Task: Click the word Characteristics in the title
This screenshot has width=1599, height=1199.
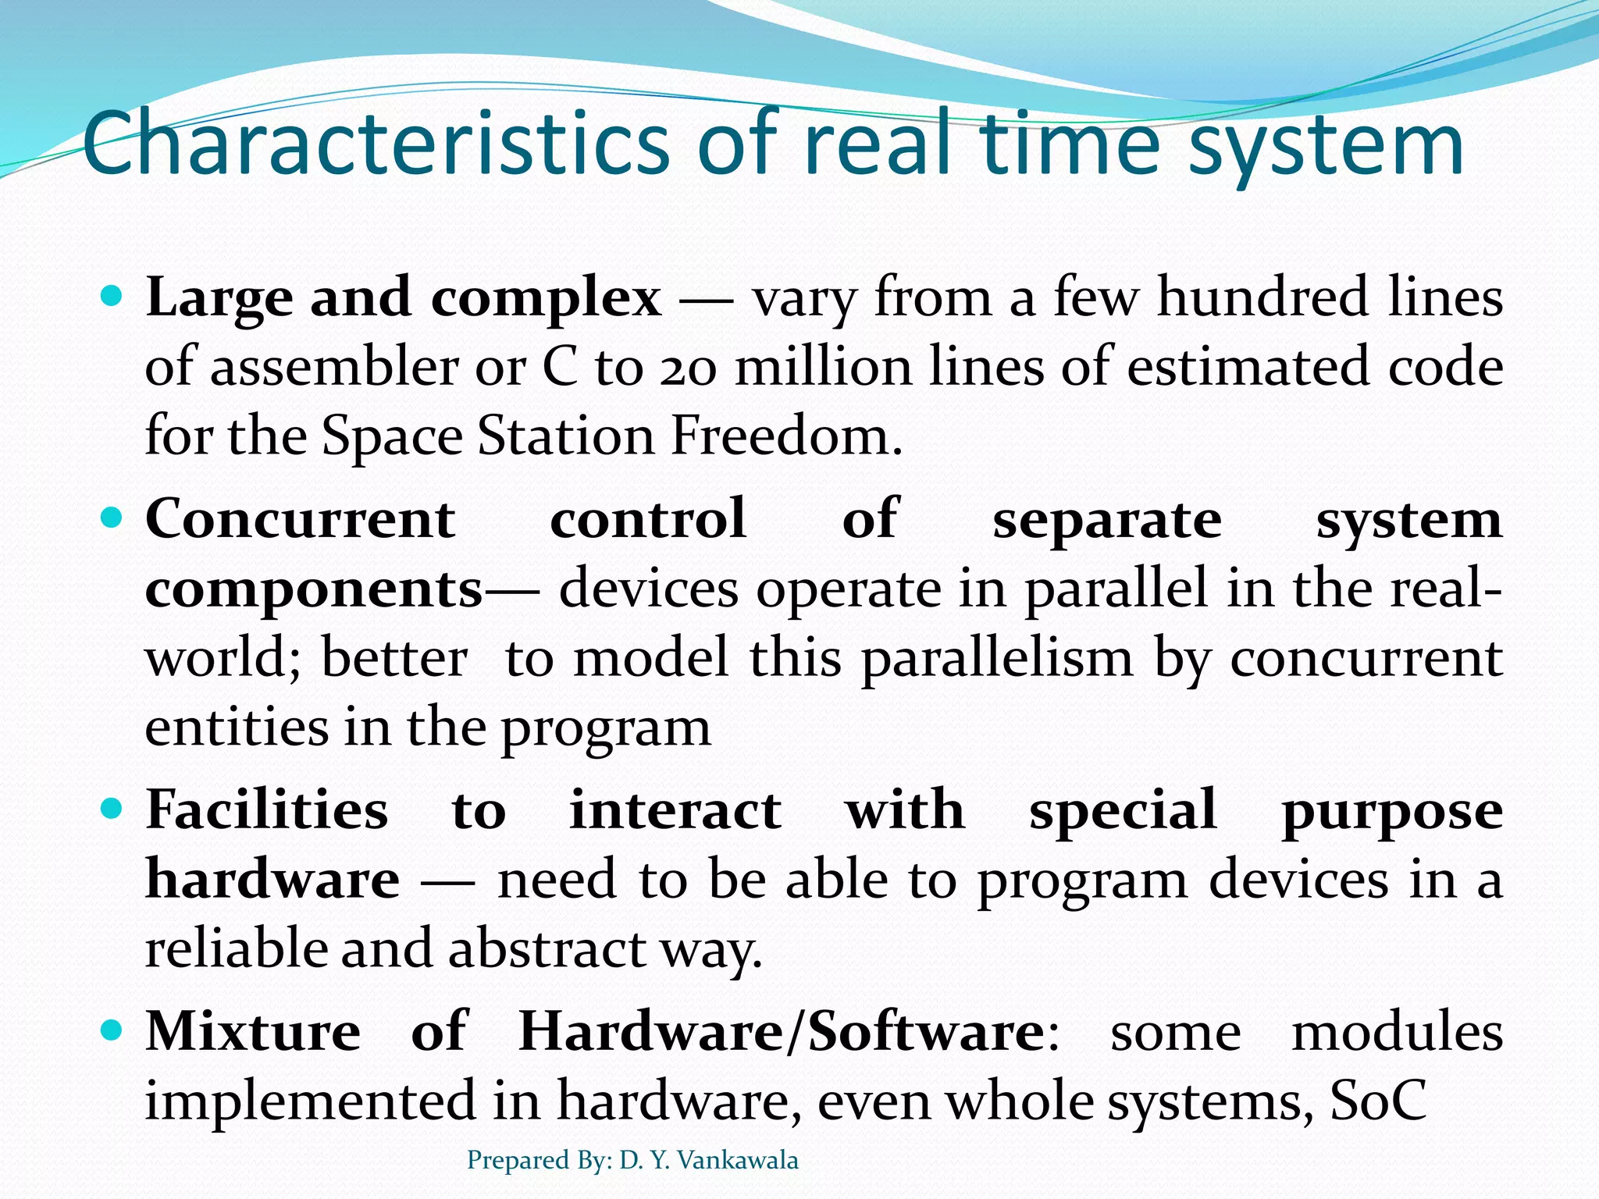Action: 375,144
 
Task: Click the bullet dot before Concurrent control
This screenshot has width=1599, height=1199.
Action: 114,518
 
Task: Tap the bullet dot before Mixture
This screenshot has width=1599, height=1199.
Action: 114,1030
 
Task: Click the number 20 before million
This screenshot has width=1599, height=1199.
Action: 688,368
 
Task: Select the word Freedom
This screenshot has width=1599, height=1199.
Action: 785,436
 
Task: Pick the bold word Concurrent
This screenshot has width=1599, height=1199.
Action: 301,519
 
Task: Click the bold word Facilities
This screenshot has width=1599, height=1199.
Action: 266,809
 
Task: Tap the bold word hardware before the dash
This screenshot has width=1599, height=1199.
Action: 272,880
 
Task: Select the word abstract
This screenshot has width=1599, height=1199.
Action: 547,948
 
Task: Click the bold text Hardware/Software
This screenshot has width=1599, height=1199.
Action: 781,1032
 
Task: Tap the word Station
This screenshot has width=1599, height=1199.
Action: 566,436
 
